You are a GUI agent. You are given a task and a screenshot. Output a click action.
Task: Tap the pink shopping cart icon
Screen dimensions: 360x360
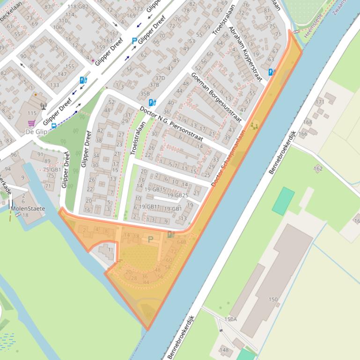tap(31, 123)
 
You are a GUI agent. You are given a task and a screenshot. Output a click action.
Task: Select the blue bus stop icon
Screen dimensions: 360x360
tap(54, 126)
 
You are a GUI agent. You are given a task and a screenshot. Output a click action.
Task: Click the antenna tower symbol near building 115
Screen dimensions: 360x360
tap(44, 106)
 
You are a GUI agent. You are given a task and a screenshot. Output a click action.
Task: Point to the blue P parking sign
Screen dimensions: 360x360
tap(134, 41)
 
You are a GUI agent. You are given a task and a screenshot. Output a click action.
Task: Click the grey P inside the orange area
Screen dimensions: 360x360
tap(150, 239)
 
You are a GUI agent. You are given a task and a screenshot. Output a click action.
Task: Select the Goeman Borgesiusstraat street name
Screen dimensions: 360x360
tap(216, 97)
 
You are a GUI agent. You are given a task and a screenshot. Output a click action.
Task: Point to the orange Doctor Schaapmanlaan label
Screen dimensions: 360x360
tap(228, 158)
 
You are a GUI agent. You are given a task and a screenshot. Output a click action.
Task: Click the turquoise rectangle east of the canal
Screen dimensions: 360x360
tap(283, 201)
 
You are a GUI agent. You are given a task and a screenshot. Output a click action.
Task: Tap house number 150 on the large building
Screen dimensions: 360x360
tap(273, 299)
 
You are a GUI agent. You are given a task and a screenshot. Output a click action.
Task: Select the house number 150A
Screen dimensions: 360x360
tap(230, 319)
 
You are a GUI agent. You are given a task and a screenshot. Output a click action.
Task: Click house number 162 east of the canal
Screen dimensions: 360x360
tap(318, 168)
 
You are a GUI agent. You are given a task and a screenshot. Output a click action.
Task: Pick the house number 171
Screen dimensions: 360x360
tap(320, 101)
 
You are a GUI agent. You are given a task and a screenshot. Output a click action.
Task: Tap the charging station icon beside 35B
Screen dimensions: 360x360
tap(152, 102)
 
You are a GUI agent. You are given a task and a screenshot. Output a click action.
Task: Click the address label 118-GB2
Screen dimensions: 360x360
tap(78, 7)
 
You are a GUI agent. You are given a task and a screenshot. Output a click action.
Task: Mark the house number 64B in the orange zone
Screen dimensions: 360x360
tap(181, 242)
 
